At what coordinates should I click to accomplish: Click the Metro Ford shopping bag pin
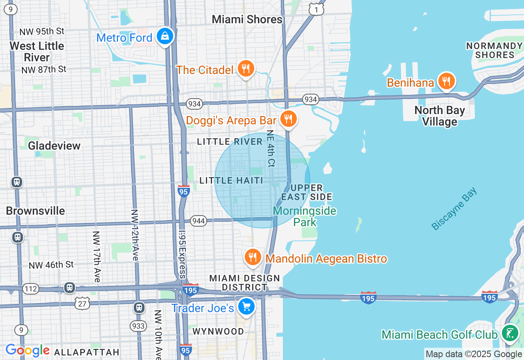(x=165, y=36)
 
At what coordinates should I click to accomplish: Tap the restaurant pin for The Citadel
(x=246, y=69)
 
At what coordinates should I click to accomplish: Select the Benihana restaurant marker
(x=446, y=81)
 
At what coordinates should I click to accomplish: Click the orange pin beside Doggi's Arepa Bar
(x=289, y=119)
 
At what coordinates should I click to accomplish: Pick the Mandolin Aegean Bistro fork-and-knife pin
(x=253, y=257)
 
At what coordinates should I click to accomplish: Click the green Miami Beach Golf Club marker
(x=510, y=333)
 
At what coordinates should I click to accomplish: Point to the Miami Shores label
(x=247, y=19)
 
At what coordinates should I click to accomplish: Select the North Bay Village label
(x=440, y=116)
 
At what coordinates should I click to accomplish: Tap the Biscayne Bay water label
(x=454, y=209)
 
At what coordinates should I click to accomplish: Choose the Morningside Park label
(x=305, y=216)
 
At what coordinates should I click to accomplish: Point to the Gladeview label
(x=54, y=146)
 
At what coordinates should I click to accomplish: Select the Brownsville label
(x=35, y=211)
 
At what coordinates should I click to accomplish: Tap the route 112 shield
(x=30, y=289)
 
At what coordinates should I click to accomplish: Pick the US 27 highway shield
(x=82, y=303)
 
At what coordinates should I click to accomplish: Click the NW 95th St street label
(x=43, y=32)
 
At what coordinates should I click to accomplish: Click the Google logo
(x=27, y=351)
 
